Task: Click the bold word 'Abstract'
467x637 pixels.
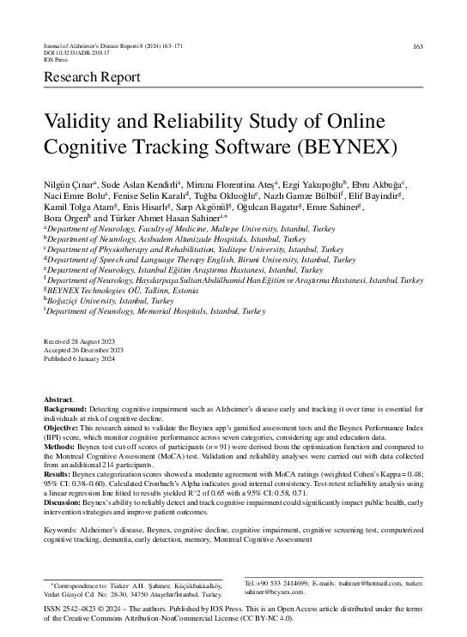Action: coord(59,400)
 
